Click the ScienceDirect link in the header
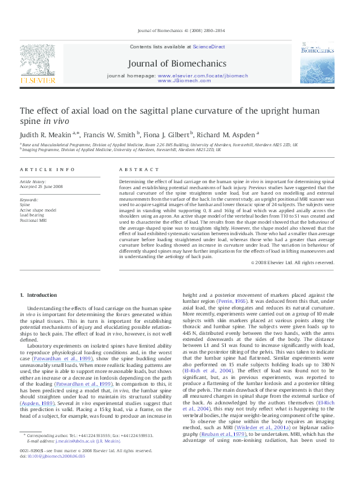(x=209, y=47)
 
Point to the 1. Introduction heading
(x=39, y=295)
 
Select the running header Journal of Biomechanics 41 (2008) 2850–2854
(x=180, y=30)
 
